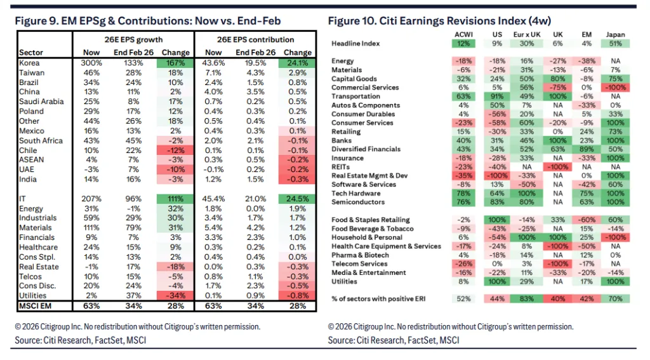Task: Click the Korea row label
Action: click(29, 63)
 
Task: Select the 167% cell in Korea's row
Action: click(175, 63)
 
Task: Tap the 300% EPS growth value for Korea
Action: click(91, 63)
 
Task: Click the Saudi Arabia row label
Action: click(41, 102)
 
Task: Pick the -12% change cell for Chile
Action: click(175, 150)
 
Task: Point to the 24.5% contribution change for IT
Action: click(297, 199)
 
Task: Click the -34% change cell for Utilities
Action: click(175, 296)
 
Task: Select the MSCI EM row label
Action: click(36, 306)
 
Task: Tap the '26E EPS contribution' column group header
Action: click(255, 40)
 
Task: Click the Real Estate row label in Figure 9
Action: click(39, 267)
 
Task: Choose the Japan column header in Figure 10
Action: click(615, 35)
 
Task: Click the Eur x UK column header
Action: click(527, 35)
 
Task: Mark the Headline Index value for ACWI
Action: click(463, 44)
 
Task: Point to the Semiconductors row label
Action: click(358, 202)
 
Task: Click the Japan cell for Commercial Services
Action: click(615, 88)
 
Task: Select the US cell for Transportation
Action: click(497, 97)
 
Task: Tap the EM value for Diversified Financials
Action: click(587, 149)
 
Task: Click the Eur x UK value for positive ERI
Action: click(527, 298)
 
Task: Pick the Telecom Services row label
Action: click(359, 263)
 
